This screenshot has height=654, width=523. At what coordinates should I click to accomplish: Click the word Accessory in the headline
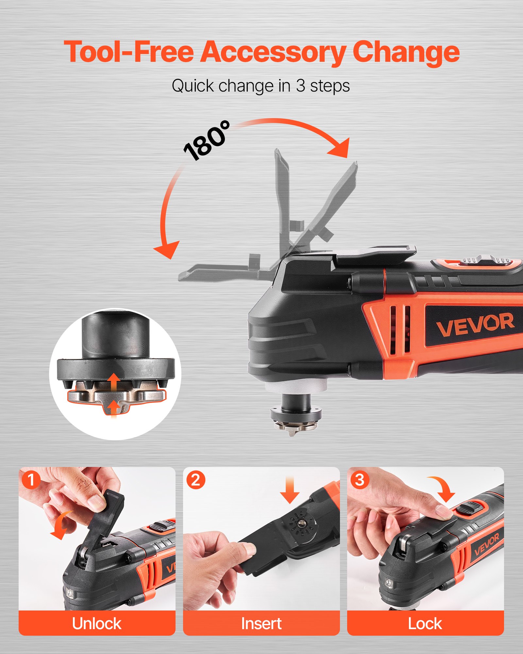tap(273, 52)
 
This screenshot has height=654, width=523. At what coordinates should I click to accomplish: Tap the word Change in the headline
tap(406, 52)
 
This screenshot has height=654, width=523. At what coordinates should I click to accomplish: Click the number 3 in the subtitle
tap(300, 86)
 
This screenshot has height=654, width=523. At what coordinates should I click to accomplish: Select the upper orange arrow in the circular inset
tap(114, 381)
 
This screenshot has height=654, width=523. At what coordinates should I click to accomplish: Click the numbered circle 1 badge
tap(31, 480)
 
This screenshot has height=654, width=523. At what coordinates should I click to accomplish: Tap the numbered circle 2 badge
tap(195, 480)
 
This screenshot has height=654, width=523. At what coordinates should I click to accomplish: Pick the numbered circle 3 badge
tap(360, 480)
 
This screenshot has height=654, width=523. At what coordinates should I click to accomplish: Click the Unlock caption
tap(97, 623)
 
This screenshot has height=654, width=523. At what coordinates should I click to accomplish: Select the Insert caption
tap(261, 623)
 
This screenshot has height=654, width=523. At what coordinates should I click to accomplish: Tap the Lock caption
tap(425, 623)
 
